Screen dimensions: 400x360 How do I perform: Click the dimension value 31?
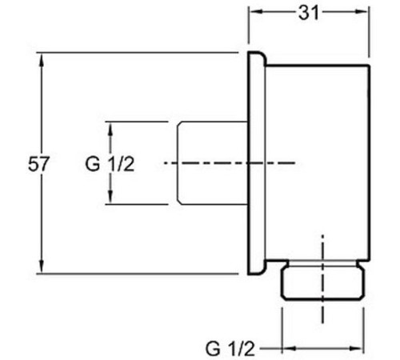309,13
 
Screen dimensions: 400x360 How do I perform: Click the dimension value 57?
39,164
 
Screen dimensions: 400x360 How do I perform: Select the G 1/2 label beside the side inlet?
110,164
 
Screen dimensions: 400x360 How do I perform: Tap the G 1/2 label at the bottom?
230,349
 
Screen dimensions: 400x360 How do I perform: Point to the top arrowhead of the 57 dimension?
41,59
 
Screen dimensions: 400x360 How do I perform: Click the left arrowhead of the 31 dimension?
255,11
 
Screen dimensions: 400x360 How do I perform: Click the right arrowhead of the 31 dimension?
363,11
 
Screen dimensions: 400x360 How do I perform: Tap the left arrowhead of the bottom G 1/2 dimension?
289,348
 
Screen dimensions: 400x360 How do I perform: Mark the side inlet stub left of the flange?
213,163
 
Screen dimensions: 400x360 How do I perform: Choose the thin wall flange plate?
257,163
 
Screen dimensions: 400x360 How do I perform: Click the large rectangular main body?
318,162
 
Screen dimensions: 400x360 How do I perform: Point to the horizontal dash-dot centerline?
230,162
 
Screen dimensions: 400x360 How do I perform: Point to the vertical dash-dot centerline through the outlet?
322,279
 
